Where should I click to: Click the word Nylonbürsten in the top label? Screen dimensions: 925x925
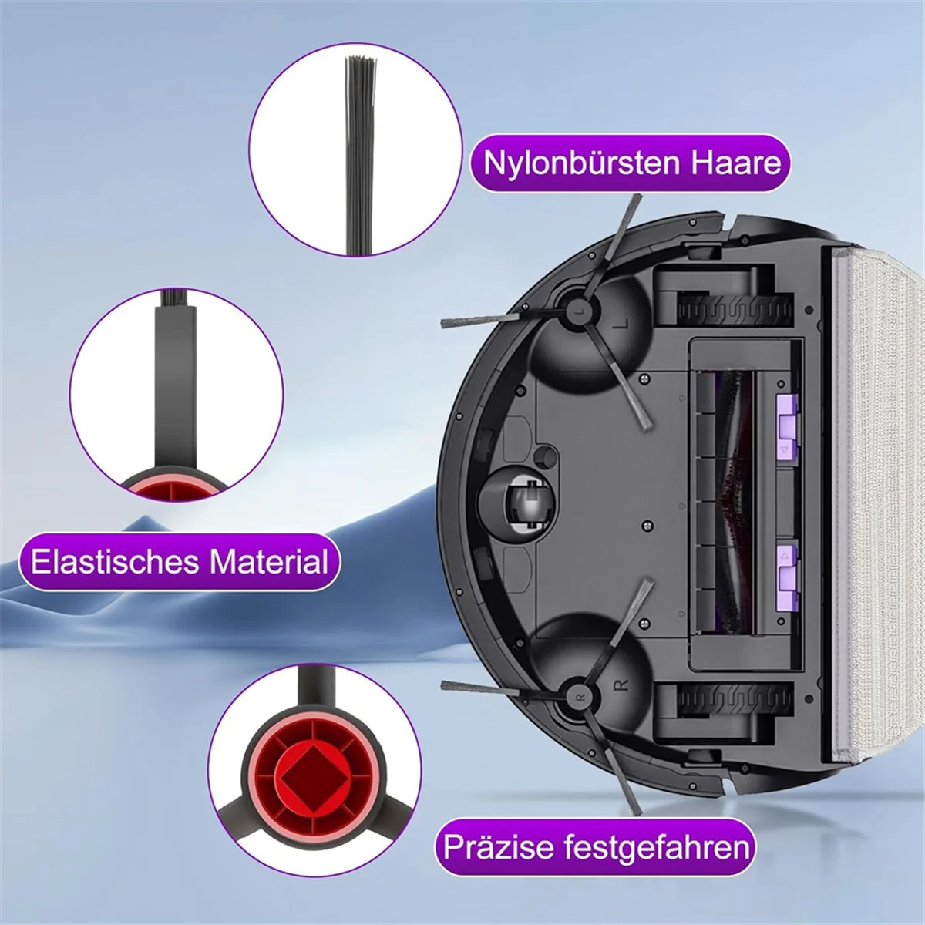pos(578,163)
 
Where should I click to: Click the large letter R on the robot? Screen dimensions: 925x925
pos(624,683)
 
